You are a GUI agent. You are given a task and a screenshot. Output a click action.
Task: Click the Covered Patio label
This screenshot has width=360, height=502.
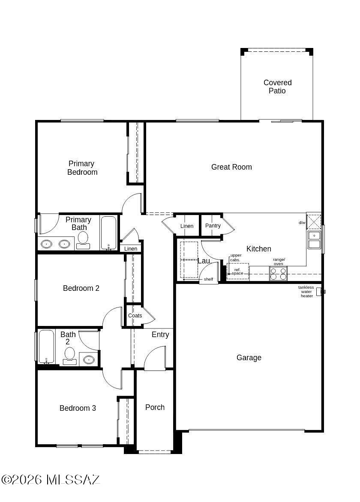(x=277, y=87)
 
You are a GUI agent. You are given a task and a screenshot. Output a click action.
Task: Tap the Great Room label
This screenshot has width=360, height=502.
(x=231, y=167)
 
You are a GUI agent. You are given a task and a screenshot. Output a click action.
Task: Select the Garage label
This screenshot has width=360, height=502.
(x=249, y=358)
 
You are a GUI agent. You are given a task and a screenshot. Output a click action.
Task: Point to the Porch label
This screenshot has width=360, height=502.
(x=155, y=407)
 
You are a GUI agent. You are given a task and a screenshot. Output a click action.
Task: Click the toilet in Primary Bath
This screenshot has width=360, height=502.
(x=83, y=240)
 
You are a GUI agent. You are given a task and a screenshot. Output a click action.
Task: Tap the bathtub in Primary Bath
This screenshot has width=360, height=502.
(x=108, y=233)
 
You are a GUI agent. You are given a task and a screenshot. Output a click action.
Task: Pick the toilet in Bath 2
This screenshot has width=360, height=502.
(x=69, y=356)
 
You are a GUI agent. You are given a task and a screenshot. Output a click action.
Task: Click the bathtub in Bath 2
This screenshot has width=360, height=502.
(x=46, y=347)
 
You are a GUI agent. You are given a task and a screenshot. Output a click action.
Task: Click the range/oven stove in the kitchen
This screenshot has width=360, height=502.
(x=278, y=274)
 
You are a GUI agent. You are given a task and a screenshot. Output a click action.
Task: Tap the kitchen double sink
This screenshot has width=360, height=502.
(x=314, y=240)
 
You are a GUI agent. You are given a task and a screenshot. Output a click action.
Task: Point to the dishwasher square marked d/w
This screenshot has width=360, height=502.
(x=314, y=221)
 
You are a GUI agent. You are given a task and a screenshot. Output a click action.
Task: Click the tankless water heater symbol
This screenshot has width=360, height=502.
(x=319, y=292)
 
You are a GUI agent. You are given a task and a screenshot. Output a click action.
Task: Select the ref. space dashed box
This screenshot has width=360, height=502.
(x=238, y=272)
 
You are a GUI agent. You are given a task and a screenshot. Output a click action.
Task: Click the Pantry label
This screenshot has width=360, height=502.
(x=213, y=226)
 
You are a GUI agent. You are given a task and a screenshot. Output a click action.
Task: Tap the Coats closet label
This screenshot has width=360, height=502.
(x=135, y=316)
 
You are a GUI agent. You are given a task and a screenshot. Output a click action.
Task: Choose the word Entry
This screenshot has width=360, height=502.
(x=160, y=335)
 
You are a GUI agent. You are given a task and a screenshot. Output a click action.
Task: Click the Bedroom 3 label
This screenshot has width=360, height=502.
(x=78, y=408)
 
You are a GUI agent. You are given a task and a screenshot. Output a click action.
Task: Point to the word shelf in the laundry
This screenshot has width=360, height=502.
(x=209, y=279)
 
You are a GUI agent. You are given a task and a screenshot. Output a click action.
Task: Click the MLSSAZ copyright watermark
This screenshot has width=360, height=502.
(x=51, y=480)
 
